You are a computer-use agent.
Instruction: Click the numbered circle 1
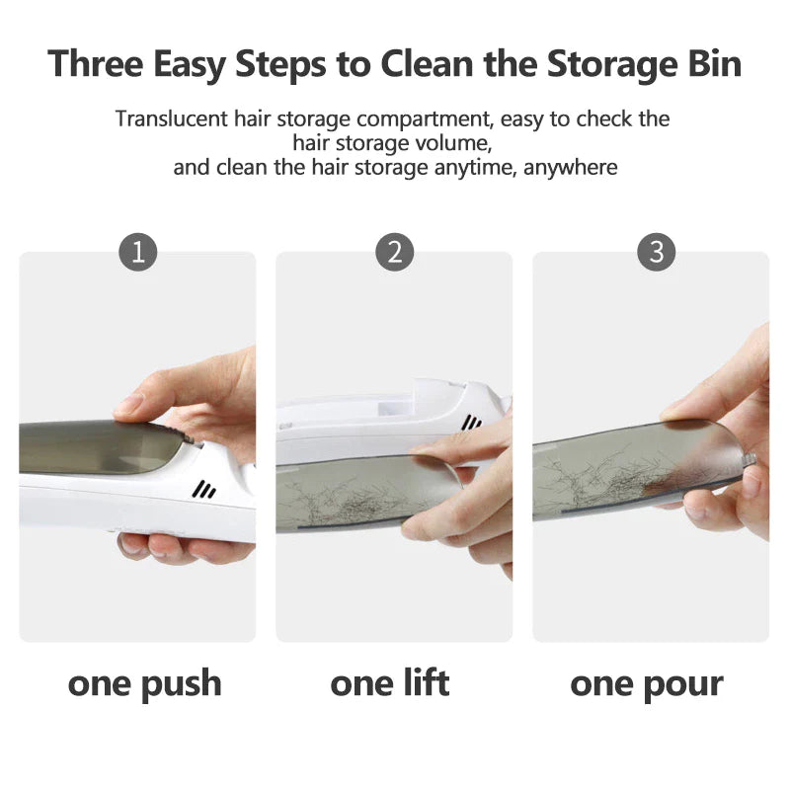pyautogui.click(x=138, y=252)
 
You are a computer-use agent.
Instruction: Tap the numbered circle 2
pyautogui.click(x=394, y=252)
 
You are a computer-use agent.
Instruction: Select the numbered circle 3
pyautogui.click(x=657, y=252)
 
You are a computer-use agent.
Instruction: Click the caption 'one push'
pyautogui.click(x=145, y=683)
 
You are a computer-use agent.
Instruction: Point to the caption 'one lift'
pyautogui.click(x=390, y=682)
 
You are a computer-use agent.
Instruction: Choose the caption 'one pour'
pyautogui.click(x=647, y=684)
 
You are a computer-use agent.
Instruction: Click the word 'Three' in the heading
pyautogui.click(x=95, y=64)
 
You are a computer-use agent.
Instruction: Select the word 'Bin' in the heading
pyautogui.click(x=714, y=64)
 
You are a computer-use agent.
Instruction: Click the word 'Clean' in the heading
pyautogui.click(x=427, y=64)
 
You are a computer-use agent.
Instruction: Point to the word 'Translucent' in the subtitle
pyautogui.click(x=171, y=118)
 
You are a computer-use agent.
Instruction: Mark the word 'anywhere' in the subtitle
pyautogui.click(x=571, y=167)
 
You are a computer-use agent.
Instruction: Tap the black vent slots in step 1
pyautogui.click(x=204, y=490)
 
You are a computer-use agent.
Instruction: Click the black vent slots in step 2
pyautogui.click(x=472, y=423)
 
